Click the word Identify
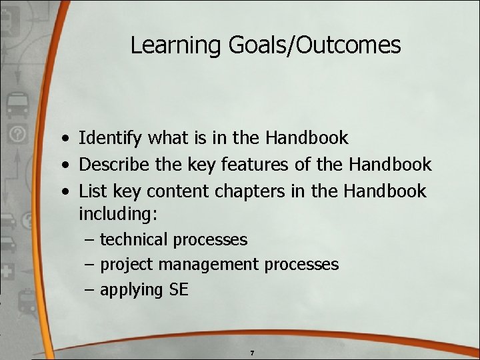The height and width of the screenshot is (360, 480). [x=111, y=139]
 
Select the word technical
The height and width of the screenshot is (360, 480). [x=133, y=239]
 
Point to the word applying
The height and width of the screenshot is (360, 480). [x=131, y=290]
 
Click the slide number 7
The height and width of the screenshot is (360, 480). [x=252, y=352]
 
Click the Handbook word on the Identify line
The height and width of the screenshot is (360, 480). [x=307, y=139]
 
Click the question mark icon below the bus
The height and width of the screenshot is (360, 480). [x=18, y=134]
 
